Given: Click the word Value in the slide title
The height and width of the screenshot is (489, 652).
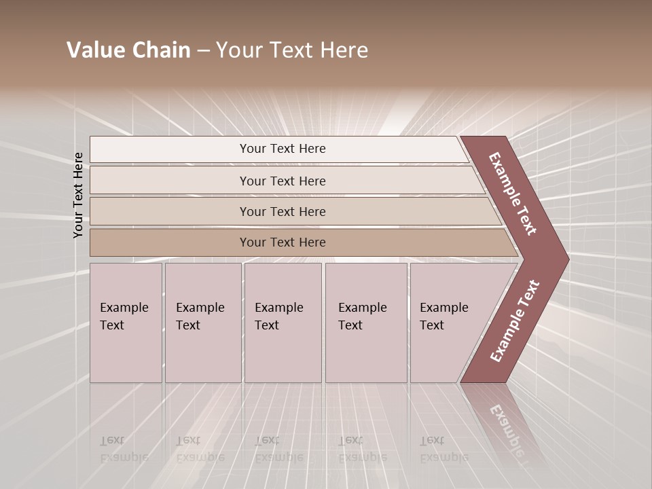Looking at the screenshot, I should click(x=94, y=50).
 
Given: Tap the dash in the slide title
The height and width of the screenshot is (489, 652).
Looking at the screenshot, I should click(x=203, y=51).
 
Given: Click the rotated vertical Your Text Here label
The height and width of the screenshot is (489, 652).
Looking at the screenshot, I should click(x=78, y=195).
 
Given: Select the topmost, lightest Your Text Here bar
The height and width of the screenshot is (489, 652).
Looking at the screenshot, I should click(x=282, y=149).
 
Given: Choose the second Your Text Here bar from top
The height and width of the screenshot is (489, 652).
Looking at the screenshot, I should click(x=282, y=181).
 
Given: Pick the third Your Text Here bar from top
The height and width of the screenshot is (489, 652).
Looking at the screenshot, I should click(x=282, y=211).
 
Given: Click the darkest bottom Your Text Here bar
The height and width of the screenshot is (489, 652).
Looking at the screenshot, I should click(x=282, y=242).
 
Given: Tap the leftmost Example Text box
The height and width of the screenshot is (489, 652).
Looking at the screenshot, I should click(x=126, y=323).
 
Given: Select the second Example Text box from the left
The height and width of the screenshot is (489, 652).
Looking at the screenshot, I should click(x=202, y=323).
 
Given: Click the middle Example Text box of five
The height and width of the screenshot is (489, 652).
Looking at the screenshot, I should click(x=283, y=323).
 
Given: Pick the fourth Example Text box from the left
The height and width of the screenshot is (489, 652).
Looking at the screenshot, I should click(x=365, y=323).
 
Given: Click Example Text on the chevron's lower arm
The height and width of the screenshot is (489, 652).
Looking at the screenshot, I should click(x=515, y=321).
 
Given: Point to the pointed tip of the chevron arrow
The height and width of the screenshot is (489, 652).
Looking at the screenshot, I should click(x=567, y=259).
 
